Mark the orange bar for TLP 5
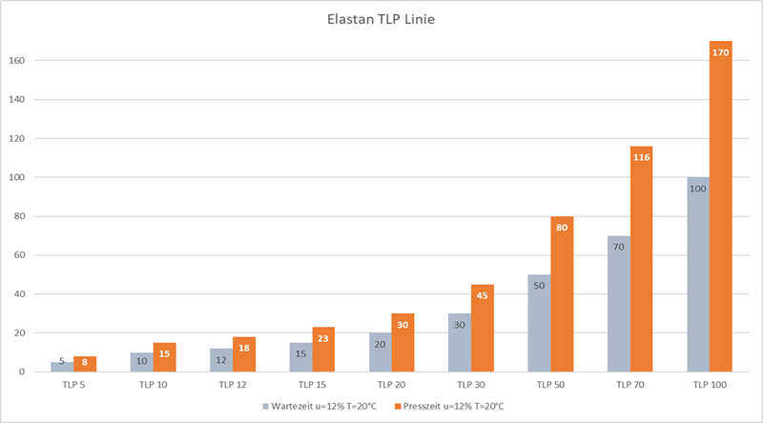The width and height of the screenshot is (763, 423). click(85, 365)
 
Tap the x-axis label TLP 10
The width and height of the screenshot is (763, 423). click(153, 385)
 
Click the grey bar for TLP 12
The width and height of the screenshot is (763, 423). click(221, 361)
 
